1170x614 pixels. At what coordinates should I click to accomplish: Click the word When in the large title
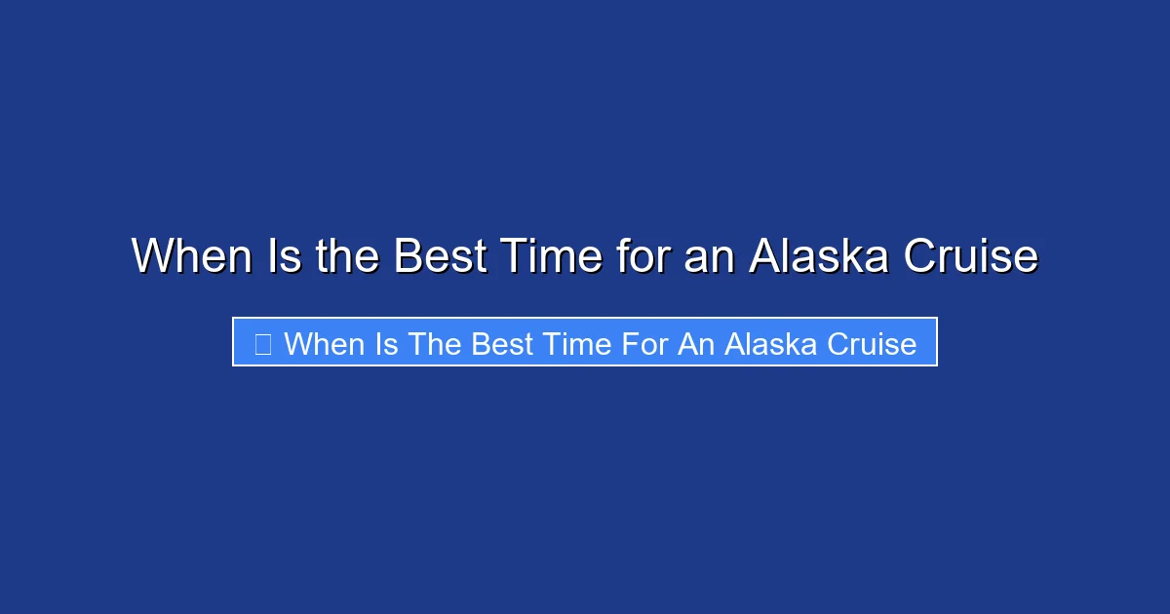tap(186, 256)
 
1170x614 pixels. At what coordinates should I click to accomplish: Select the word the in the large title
tap(348, 256)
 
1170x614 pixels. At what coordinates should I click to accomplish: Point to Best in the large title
tap(441, 256)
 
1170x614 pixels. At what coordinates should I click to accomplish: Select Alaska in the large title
tap(818, 256)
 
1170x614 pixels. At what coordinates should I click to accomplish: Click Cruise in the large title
tap(970, 256)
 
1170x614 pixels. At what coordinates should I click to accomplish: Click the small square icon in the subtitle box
tap(262, 344)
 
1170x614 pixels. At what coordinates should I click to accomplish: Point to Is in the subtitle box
tap(386, 344)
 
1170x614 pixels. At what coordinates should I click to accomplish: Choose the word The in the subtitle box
tap(435, 344)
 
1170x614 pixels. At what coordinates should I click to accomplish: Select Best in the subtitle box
tap(503, 344)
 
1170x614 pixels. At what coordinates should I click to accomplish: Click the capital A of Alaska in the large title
tap(764, 256)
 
